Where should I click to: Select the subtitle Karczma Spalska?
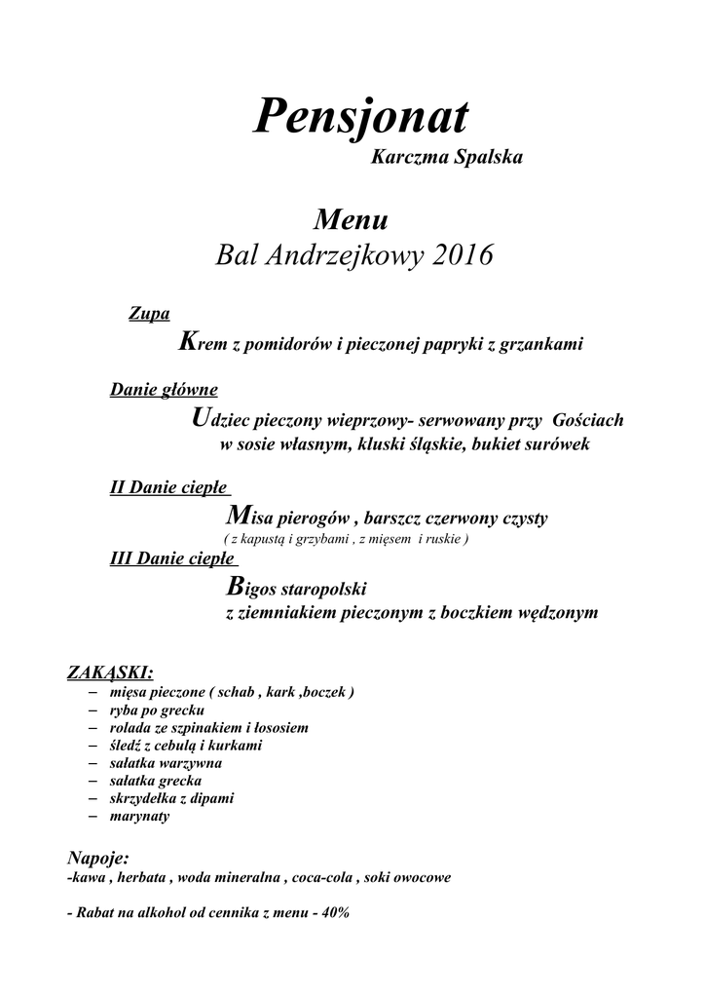pos(447,158)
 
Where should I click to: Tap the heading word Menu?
pos(352,219)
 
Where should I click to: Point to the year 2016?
pos(458,255)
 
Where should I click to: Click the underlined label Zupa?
pos(149,314)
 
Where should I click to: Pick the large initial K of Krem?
pos(189,342)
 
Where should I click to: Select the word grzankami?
pos(540,345)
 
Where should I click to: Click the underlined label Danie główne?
pos(164,391)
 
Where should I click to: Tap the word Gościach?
pos(587,421)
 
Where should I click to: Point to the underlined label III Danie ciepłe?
pos(173,559)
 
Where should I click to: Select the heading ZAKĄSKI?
pos(110,672)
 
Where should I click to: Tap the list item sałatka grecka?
pos(157,781)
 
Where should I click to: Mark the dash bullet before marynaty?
pos(93,815)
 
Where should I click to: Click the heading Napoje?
pos(97,859)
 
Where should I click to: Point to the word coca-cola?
pos(320,878)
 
